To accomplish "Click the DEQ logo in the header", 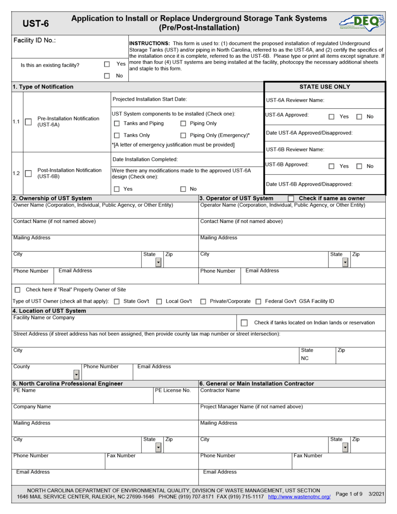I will tap(361, 22).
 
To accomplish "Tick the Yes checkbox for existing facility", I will tap(107, 64).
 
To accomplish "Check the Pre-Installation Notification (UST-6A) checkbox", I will tap(28, 122).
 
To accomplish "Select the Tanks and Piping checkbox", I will tap(117, 123).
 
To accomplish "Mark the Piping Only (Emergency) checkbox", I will tap(183, 135).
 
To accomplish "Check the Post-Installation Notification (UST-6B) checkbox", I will tap(28, 174).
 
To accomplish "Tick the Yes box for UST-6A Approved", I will tap(331, 117).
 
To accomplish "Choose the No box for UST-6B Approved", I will tap(359, 166).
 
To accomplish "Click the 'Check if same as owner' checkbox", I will tap(291, 198).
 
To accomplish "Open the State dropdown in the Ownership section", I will tap(158, 262).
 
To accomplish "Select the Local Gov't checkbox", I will tap(159, 302).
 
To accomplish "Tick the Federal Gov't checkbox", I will tap(258, 302).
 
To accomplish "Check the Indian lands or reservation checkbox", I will tap(245, 323).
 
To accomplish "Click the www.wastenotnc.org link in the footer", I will tap(299, 496).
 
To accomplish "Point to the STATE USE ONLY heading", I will tap(325, 87).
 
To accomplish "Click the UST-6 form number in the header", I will tap(36, 23).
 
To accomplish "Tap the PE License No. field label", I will tap(173, 390).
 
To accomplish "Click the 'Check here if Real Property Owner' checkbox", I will tap(18, 290).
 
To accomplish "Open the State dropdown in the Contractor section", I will tap(345, 447).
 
